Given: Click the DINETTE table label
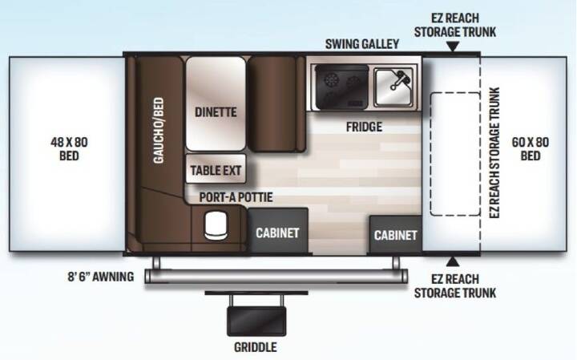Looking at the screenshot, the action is click(216, 112).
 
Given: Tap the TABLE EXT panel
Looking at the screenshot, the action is click(216, 169).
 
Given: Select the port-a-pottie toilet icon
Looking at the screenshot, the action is click(216, 225).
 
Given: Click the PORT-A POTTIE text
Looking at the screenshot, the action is click(236, 197).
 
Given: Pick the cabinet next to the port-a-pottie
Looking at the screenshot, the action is click(278, 231).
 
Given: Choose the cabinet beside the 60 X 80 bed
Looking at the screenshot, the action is click(396, 235).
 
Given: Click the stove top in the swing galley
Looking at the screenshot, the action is click(342, 87).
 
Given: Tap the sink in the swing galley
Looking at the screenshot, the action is click(393, 87).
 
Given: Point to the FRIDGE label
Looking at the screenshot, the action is click(364, 127).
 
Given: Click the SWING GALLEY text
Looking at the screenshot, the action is click(362, 44).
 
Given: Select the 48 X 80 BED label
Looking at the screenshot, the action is click(69, 148).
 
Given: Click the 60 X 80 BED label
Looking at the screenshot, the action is click(531, 148).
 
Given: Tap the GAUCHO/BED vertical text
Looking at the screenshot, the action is click(159, 131).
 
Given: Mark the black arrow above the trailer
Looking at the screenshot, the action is click(453, 46).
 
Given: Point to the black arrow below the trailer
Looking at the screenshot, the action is click(453, 261).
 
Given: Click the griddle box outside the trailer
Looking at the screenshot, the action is click(256, 320).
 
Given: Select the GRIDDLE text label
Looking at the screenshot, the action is click(256, 346).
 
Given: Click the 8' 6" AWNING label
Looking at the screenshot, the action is click(100, 277).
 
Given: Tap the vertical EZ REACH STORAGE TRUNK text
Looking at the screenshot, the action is click(494, 153).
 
